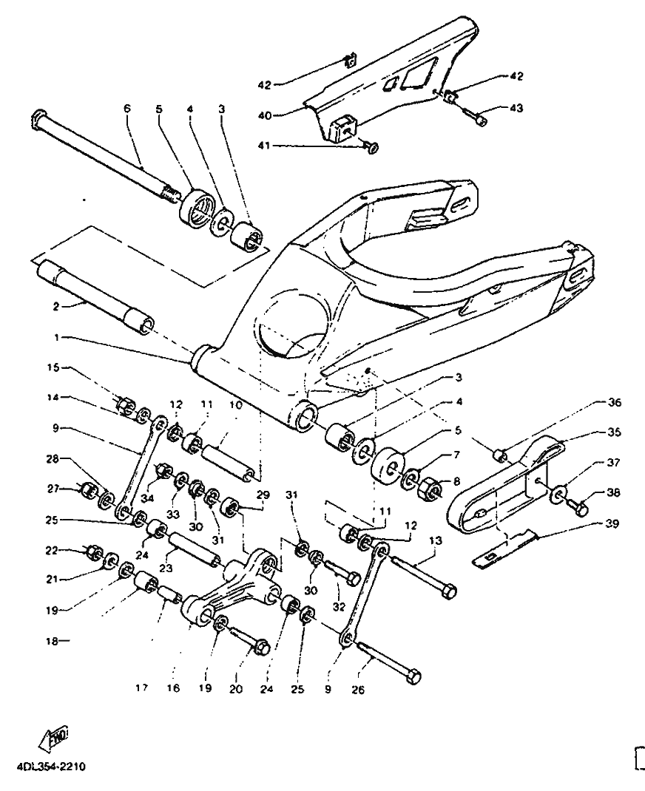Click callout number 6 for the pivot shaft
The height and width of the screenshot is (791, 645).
(x=126, y=108)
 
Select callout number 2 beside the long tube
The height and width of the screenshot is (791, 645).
(x=56, y=306)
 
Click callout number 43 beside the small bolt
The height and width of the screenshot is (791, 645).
(x=516, y=108)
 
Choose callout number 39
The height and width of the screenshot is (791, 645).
(x=612, y=523)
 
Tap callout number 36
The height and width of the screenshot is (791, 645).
(x=614, y=403)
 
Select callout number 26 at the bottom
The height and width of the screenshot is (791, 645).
(x=358, y=689)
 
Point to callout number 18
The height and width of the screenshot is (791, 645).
(x=52, y=641)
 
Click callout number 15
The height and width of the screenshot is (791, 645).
(x=53, y=367)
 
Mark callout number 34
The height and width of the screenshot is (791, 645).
(x=147, y=499)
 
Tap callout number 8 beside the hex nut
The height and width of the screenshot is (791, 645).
(x=456, y=482)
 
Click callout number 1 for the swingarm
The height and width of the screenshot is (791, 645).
(x=56, y=337)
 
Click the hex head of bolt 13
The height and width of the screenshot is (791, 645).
(x=448, y=591)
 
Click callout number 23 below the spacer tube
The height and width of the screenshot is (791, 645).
(x=166, y=568)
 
